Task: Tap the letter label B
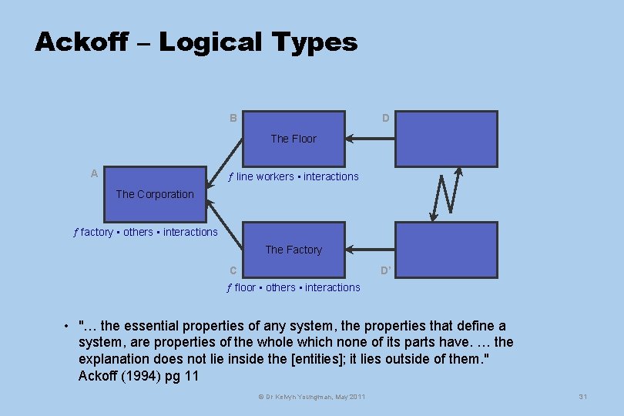[x=233, y=118]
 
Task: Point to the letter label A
[x=94, y=173]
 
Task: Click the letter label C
[x=233, y=270]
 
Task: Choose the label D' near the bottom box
[x=387, y=270]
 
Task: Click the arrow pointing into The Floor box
[x=370, y=139]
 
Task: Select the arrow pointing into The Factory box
[x=370, y=250]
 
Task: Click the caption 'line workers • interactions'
[x=294, y=176]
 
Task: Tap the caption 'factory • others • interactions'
[x=146, y=232]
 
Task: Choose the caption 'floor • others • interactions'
[x=294, y=287]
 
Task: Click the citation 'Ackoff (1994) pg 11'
[x=139, y=375]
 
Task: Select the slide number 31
[x=582, y=397]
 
